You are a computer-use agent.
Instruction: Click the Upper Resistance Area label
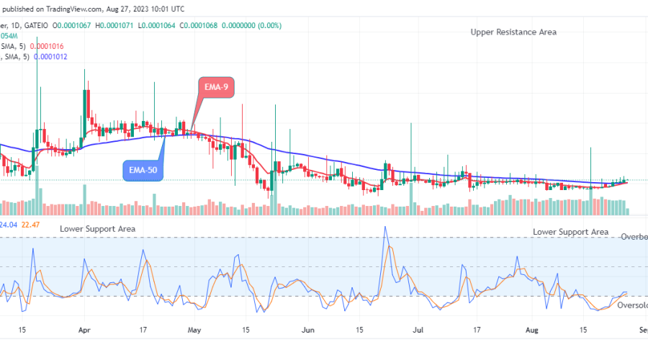click(x=513, y=32)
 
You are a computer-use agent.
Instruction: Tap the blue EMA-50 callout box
click(x=141, y=170)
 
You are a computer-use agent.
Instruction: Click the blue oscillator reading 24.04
click(x=8, y=225)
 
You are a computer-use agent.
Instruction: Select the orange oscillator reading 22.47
click(x=30, y=225)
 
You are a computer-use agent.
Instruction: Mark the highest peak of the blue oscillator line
click(x=385, y=228)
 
